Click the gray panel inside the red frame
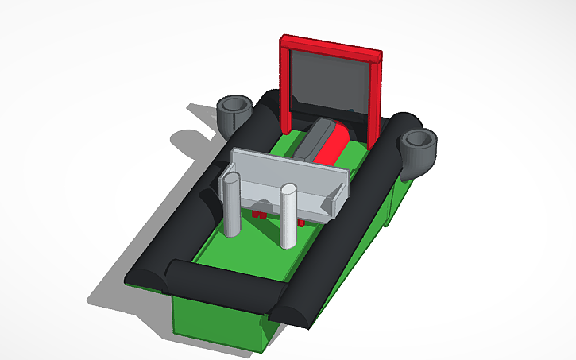tap(330, 83)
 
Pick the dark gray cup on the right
tap(418, 151)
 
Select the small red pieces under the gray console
tap(259, 215)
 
